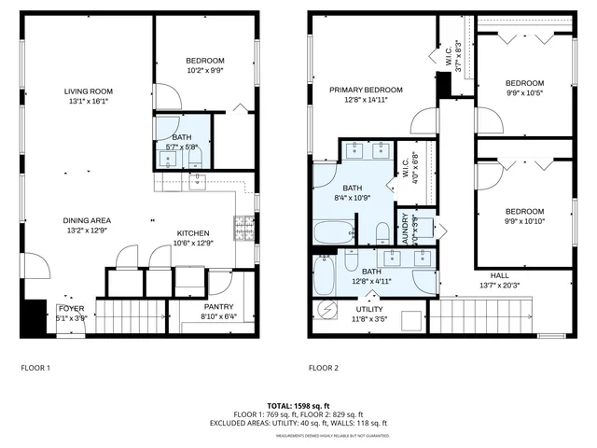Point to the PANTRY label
point(218,307)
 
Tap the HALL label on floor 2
point(499,275)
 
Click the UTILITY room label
point(369,308)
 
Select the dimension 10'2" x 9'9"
point(205,71)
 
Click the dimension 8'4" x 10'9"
point(353,197)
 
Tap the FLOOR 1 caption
point(35,368)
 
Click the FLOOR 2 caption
point(323,368)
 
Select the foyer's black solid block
point(34,316)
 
